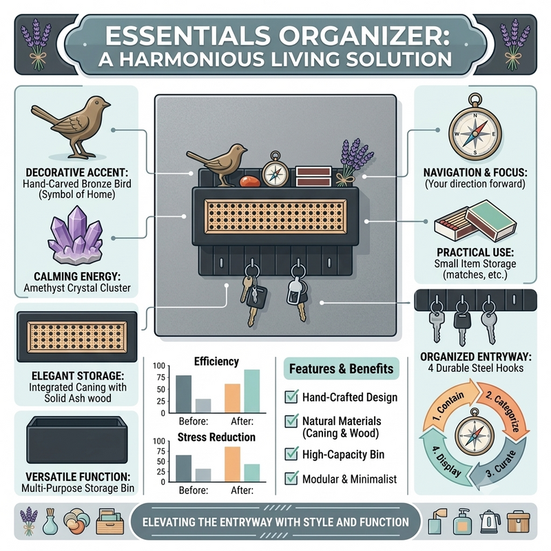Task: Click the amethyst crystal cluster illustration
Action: pyautogui.click(x=76, y=236)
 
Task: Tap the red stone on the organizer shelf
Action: pyautogui.click(x=250, y=181)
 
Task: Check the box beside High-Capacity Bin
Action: pyautogui.click(x=291, y=454)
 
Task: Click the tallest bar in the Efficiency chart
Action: pyautogui.click(x=252, y=391)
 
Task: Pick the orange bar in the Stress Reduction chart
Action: pyautogui.click(x=233, y=464)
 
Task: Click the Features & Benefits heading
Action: pyautogui.click(x=341, y=368)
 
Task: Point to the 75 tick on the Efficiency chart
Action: pyautogui.click(x=161, y=377)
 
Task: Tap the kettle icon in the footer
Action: pyautogui.click(x=488, y=522)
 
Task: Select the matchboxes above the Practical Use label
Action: pyautogui.click(x=475, y=221)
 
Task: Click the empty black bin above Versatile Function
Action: pyautogui.click(x=77, y=440)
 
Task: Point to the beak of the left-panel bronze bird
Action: pyautogui.click(x=107, y=105)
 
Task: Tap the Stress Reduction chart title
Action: pyautogui.click(x=216, y=437)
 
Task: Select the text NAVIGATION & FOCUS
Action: pyautogui.click(x=475, y=173)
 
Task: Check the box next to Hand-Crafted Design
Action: pyautogui.click(x=291, y=397)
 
